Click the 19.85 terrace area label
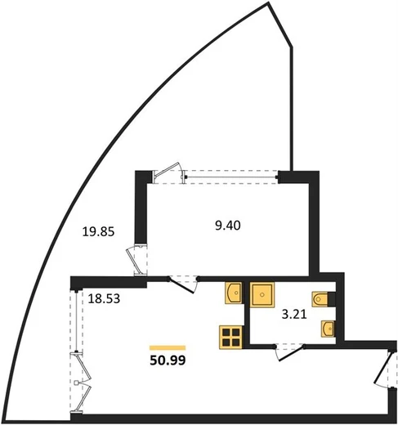pos(98,232)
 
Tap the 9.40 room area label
pos(228,226)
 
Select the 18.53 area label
pos(104,299)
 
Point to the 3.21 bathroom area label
pos(294,315)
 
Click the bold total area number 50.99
pos(168,360)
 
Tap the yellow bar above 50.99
pos(168,347)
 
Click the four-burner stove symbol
pos(231,337)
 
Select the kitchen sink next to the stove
pos(234,293)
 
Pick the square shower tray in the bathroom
pos(262,295)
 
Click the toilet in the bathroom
pos(320,299)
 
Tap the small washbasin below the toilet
pos(328,329)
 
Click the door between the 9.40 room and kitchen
pos(182,284)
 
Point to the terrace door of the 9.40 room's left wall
pos(136,260)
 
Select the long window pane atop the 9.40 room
pos(231,177)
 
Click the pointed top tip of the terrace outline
pos(268,2)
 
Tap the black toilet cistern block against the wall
pos(331,299)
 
